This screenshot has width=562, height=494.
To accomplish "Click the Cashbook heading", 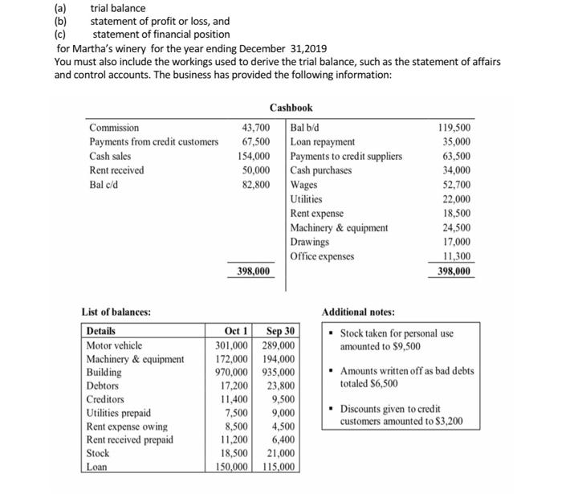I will pyautogui.click(x=291, y=108).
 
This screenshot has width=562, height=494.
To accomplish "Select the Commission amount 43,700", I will pyautogui.click(x=255, y=128).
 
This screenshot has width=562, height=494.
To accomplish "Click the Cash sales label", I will pyautogui.click(x=111, y=156).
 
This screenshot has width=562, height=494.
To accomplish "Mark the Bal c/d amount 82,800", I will pyautogui.click(x=255, y=185).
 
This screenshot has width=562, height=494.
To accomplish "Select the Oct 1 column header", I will pyautogui.click(x=235, y=331).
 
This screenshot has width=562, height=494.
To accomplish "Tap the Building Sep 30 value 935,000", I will pyautogui.click(x=279, y=373).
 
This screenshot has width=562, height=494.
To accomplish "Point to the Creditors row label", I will pyautogui.click(x=105, y=399).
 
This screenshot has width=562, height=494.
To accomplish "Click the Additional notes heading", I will pyautogui.click(x=359, y=312).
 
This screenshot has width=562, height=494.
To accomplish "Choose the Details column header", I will pyautogui.click(x=101, y=331).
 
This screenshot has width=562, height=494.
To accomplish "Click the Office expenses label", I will pyautogui.click(x=323, y=256).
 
